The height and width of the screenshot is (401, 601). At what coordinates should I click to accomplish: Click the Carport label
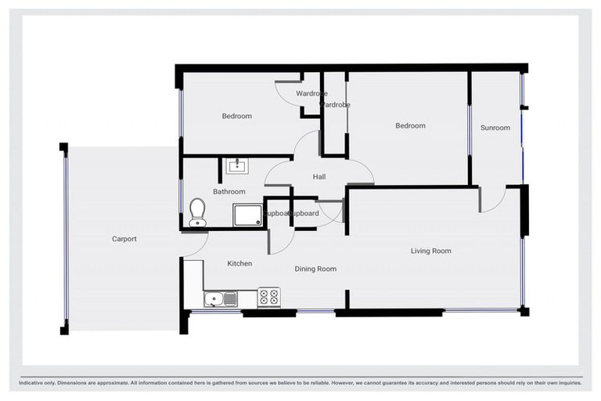[124, 239]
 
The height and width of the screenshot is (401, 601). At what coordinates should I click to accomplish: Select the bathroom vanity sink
[236, 166]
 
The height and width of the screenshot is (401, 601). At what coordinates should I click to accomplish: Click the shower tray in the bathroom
[247, 214]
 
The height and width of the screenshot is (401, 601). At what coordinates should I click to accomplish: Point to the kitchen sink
[220, 298]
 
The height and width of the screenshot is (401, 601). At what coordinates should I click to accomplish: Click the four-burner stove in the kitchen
[268, 298]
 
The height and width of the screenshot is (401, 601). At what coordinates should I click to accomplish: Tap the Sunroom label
[495, 128]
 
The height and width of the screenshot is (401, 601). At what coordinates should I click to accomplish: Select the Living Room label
[431, 251]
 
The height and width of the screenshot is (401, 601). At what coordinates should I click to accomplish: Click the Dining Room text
[315, 269]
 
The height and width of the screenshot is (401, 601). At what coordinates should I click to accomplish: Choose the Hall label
[319, 177]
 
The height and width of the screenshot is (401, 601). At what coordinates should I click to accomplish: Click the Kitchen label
[239, 263]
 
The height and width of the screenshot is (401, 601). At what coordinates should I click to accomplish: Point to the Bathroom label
[229, 191]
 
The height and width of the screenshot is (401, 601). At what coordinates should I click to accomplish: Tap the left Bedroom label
[236, 116]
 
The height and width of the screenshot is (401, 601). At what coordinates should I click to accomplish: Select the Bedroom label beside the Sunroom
[410, 125]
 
